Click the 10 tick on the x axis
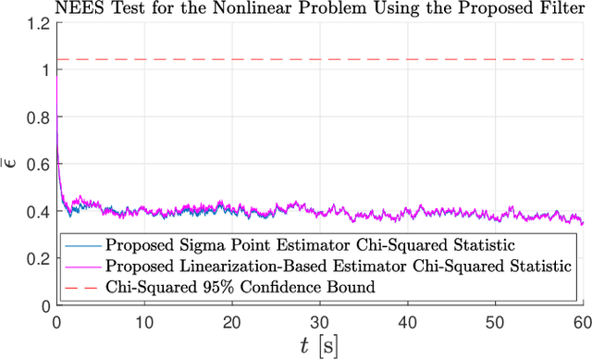[x=143, y=319]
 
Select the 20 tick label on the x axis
[x=231, y=319]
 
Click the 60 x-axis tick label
[x=580, y=319]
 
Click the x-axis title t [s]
[x=319, y=345]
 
